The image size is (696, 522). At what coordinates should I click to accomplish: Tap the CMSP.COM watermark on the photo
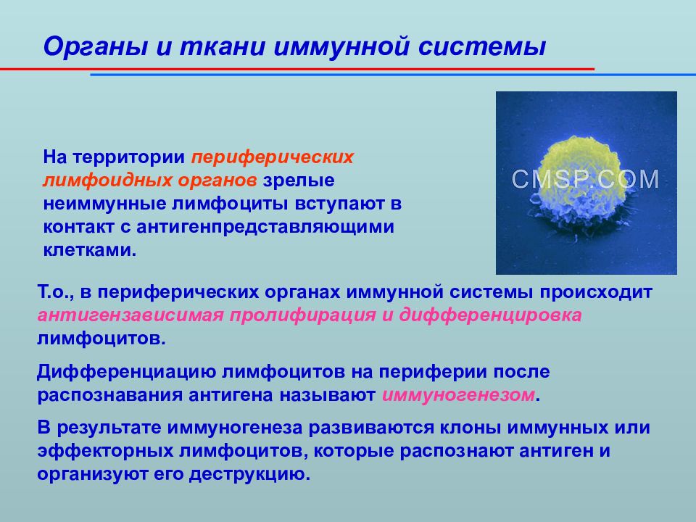[x=586, y=179]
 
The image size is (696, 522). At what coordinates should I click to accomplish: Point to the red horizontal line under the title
[x=290, y=68]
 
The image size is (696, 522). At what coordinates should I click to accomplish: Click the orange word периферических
[x=273, y=157]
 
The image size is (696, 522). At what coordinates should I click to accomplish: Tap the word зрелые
[x=298, y=180]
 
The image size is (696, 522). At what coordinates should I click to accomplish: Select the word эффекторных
[x=104, y=451]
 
